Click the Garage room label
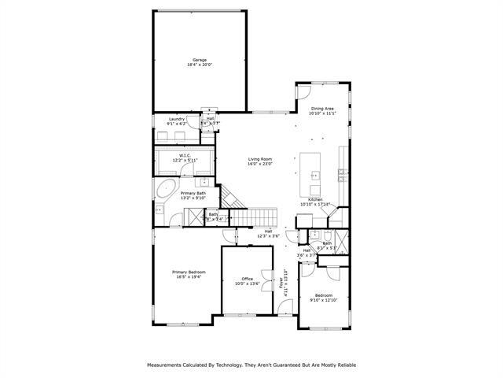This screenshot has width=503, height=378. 200,60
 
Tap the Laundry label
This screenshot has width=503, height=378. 176,119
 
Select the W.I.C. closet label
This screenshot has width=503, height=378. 185,155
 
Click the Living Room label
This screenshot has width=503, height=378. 259,158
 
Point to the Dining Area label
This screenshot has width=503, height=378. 322,109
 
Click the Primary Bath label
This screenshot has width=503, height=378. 193,193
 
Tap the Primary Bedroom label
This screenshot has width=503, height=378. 189,272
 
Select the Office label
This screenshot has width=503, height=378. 248,279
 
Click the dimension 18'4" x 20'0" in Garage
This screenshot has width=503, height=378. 200,65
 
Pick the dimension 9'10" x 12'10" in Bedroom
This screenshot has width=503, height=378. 323,300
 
